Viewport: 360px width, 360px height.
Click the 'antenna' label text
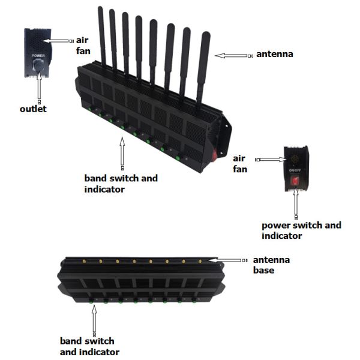[x=274, y=55]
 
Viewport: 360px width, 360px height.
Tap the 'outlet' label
[x=33, y=109]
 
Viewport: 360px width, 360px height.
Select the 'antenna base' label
[x=271, y=265]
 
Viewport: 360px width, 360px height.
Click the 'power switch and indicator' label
[x=301, y=230]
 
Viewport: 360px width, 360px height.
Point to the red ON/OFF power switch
[x=295, y=179]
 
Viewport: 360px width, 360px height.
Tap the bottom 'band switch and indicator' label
[x=89, y=347]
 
